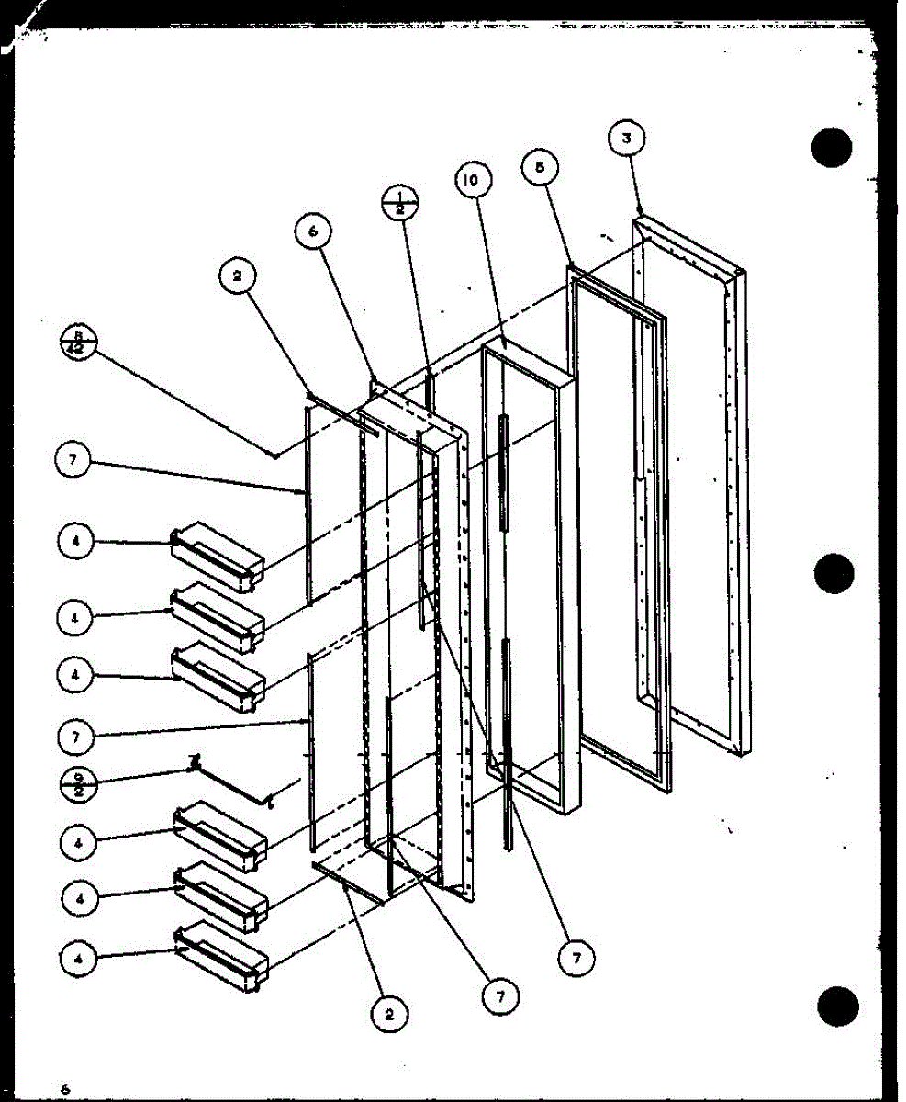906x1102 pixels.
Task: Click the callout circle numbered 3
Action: pos(626,140)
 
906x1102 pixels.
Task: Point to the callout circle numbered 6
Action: pos(312,234)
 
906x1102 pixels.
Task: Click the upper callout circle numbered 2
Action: pos(237,275)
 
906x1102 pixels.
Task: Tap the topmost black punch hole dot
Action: pos(832,148)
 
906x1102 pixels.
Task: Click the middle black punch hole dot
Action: pos(833,574)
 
